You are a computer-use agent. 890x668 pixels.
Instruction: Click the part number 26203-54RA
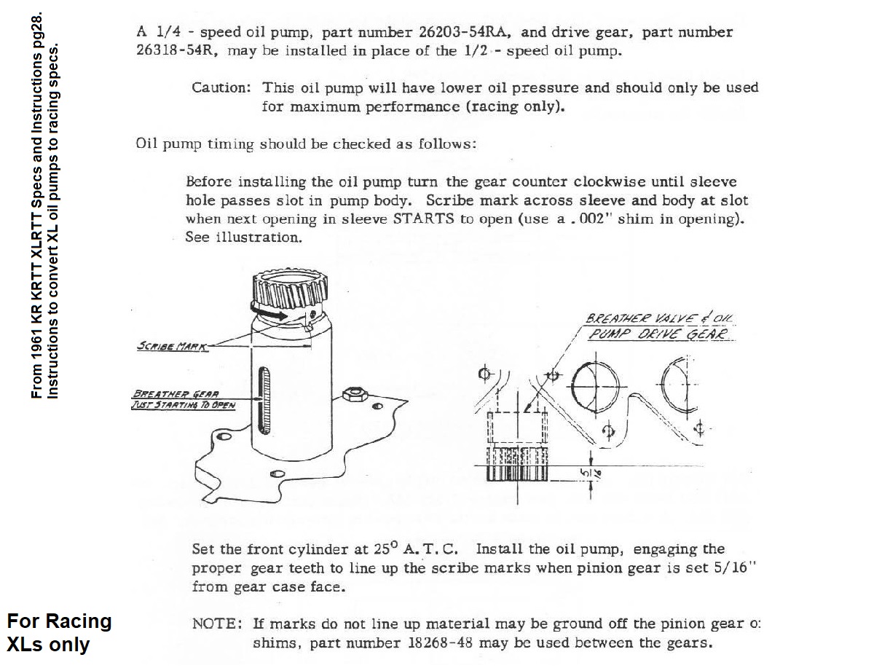click(x=465, y=33)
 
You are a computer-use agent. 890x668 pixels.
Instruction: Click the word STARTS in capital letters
click(x=423, y=219)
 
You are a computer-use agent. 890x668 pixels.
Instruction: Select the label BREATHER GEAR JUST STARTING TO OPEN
click(x=182, y=400)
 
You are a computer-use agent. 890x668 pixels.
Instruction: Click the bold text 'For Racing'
click(x=59, y=621)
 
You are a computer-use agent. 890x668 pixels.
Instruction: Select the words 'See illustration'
click(x=243, y=238)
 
